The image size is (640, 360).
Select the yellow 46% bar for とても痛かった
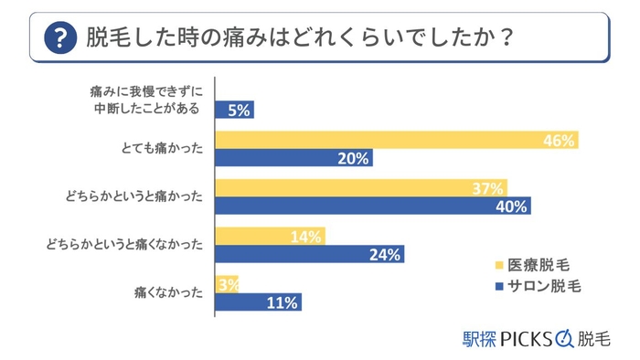(x=397, y=140)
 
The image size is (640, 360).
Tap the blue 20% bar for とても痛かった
(x=293, y=158)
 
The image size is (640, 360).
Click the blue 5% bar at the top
(x=233, y=111)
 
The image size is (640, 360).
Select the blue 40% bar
(x=372, y=206)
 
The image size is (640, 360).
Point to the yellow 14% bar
(x=270, y=237)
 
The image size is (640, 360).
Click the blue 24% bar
(x=308, y=255)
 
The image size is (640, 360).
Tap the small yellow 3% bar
(x=226, y=284)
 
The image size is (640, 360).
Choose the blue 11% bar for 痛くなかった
(x=257, y=302)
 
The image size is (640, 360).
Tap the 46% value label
(x=557, y=141)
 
